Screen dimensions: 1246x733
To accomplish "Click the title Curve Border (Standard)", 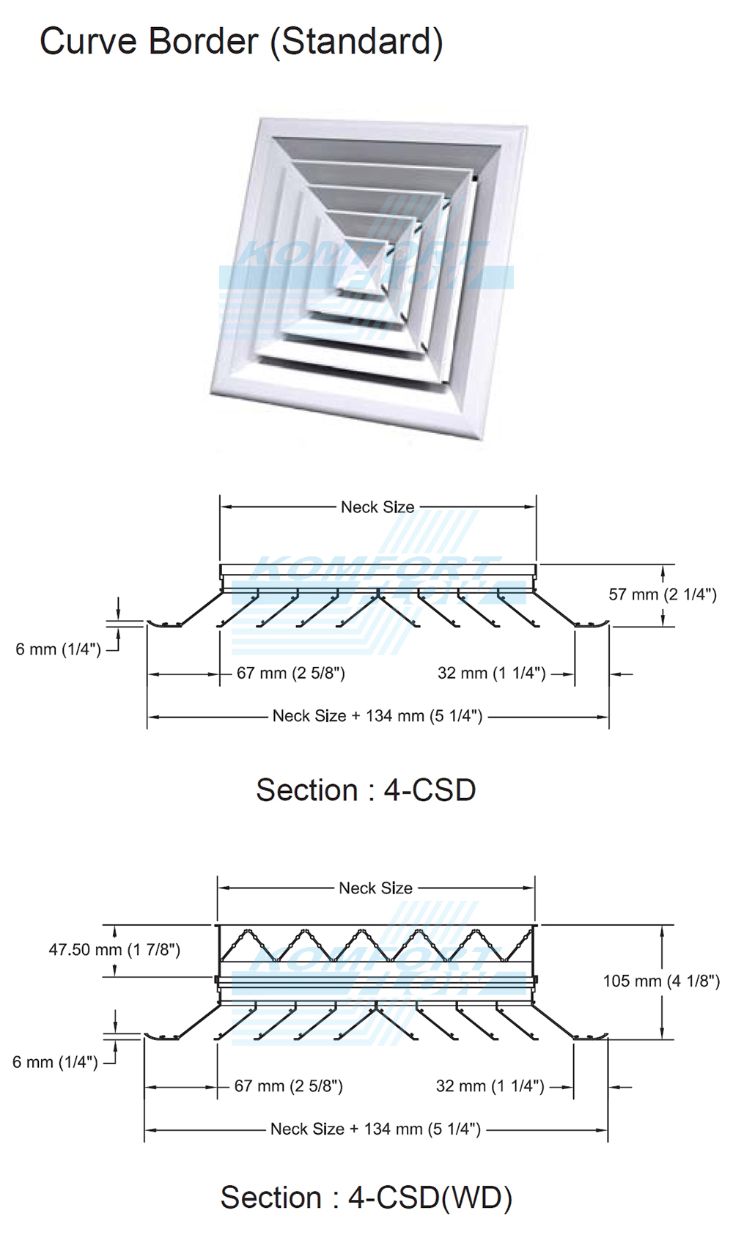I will coord(241,42).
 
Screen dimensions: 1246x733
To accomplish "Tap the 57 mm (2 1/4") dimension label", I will coord(662,594).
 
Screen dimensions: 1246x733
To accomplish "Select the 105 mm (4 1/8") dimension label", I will coord(661,981).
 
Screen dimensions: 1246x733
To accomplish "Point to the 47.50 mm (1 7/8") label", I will coord(114,950).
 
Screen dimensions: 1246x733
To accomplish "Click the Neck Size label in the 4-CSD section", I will coord(377,507).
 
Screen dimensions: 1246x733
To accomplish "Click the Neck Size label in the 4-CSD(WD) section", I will coord(375,888).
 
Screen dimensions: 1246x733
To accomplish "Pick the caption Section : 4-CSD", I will coord(366,790).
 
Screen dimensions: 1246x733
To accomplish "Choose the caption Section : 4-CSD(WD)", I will coord(366,1198).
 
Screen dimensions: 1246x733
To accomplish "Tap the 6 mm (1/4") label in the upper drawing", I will coord(58,649).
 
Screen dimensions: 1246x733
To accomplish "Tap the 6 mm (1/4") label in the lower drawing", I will coord(55,1062).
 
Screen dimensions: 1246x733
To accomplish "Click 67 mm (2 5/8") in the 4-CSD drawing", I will coord(290,673).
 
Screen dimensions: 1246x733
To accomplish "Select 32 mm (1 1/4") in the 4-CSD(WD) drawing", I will coord(490,1086).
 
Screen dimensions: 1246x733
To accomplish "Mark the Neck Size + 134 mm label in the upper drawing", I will coord(377,716).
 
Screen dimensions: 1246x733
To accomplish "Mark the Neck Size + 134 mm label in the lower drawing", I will coord(375,1129).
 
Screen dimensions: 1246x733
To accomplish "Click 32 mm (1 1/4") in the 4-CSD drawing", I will coord(491,673).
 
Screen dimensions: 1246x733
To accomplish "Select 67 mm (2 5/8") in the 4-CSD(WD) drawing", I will coord(288,1086).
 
